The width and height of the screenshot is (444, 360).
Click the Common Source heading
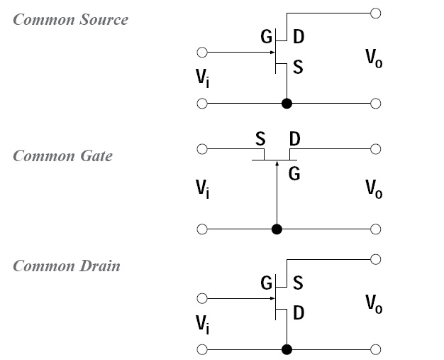click(71, 20)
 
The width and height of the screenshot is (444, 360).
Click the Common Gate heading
click(62, 156)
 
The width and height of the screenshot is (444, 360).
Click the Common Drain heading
click(67, 266)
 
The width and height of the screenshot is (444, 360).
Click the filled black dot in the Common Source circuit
click(287, 104)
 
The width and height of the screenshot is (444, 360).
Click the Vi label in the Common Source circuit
click(203, 77)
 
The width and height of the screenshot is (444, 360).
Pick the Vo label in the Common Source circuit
click(374, 58)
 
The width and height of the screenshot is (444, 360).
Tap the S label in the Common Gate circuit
click(260, 136)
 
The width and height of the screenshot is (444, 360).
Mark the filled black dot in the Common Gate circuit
click(277, 229)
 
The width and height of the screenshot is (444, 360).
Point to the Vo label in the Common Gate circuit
click(374, 189)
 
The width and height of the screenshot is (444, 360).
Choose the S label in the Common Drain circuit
click(298, 283)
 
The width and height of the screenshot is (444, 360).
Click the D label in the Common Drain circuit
click(298, 313)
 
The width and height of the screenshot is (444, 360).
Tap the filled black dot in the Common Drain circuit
click(287, 350)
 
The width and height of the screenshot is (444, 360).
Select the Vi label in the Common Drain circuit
click(203, 324)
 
